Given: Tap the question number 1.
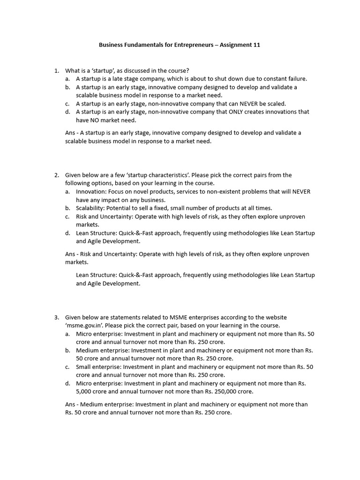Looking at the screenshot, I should click(x=56, y=71).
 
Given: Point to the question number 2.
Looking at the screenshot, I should click(x=56, y=175).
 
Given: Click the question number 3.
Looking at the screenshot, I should click(x=56, y=317).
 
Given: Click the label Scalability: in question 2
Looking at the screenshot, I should click(x=92, y=208).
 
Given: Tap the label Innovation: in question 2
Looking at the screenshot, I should click(x=92, y=191).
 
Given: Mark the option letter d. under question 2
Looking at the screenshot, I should click(x=67, y=233).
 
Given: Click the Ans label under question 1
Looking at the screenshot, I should click(x=70, y=133).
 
